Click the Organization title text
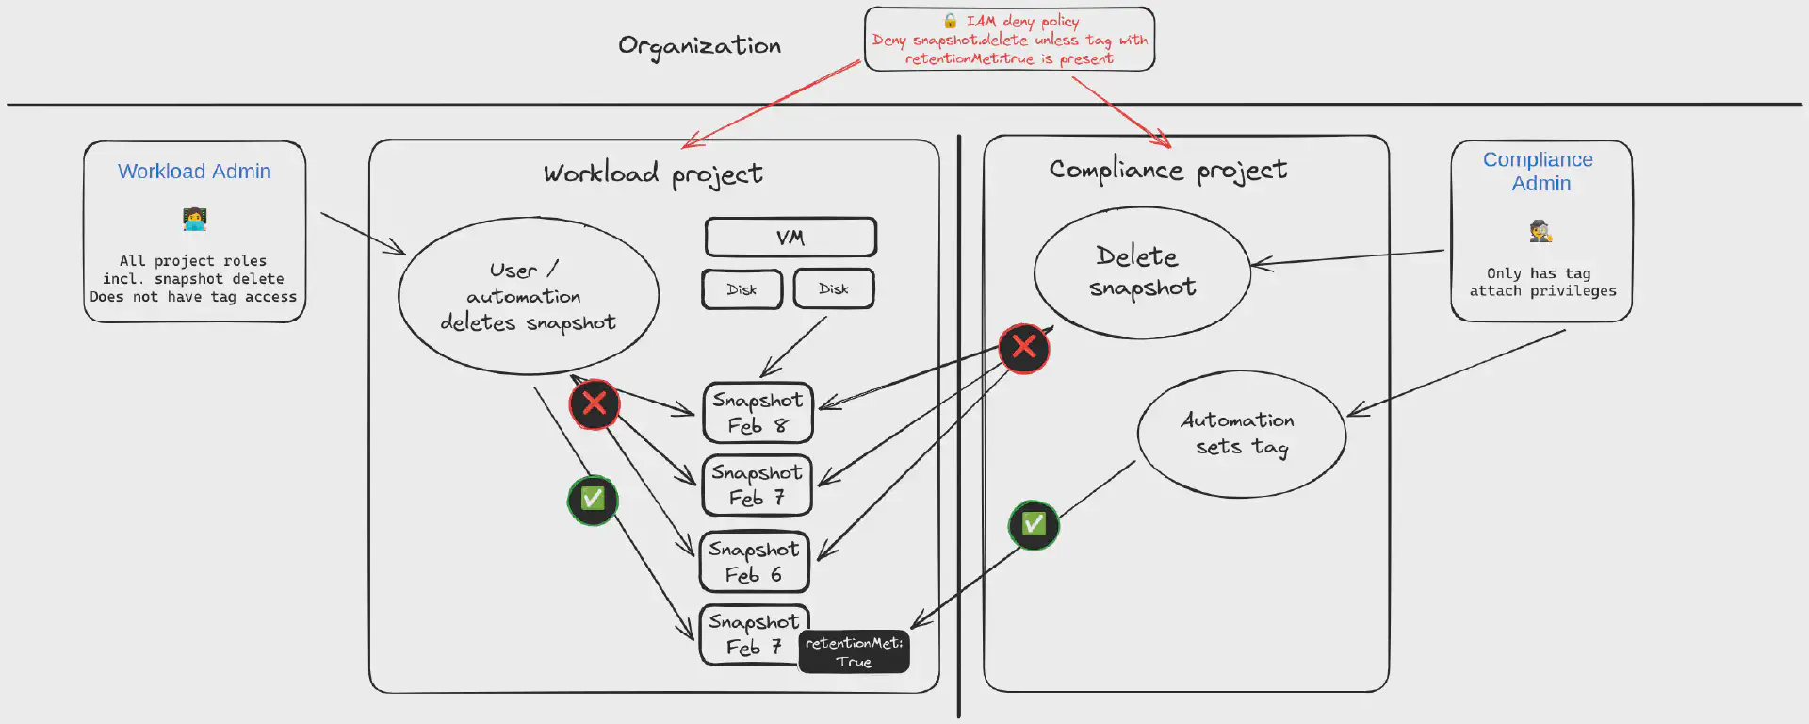click(x=699, y=46)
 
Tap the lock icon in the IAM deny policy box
click(x=950, y=21)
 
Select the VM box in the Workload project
click(x=790, y=238)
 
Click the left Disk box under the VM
click(x=742, y=289)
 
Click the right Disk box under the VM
click(x=833, y=289)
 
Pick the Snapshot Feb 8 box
click(x=758, y=413)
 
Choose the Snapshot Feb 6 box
click(x=754, y=562)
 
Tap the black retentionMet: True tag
click(x=854, y=651)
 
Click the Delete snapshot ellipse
click(x=1142, y=272)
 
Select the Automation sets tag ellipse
click(x=1241, y=434)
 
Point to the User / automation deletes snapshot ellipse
click(x=528, y=296)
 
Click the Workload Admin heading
click(x=194, y=172)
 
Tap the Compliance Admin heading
click(x=1540, y=172)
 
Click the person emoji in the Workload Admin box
click(x=194, y=220)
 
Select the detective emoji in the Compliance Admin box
click(x=1540, y=231)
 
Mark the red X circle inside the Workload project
click(x=595, y=403)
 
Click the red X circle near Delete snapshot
click(x=1024, y=348)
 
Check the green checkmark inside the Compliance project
click(x=1034, y=524)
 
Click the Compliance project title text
click(x=1167, y=170)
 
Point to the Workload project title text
click(x=653, y=174)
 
